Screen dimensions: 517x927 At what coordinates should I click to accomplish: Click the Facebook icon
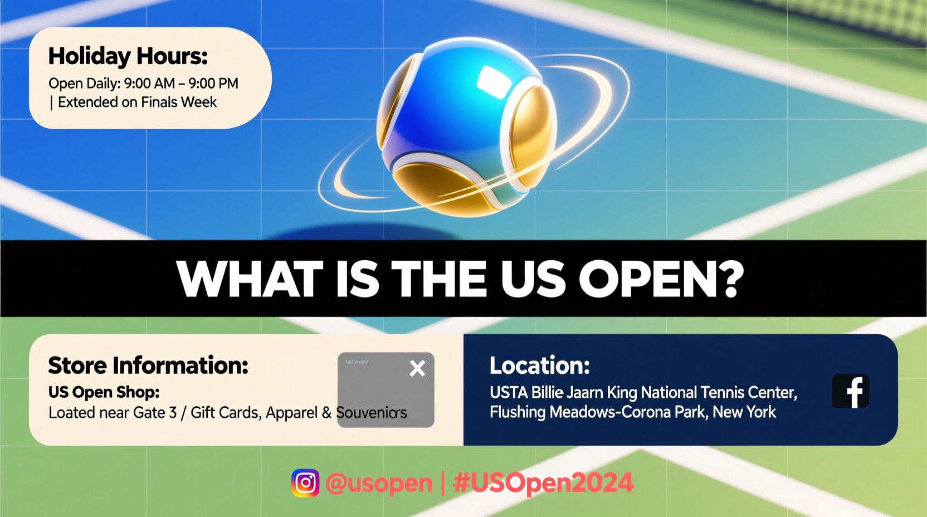[850, 391]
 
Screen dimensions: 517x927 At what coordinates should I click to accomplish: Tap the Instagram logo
[305, 483]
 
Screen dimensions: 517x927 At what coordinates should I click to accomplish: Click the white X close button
[417, 368]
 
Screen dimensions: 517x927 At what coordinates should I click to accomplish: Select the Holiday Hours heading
[128, 56]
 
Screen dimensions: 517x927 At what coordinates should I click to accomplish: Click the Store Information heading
[148, 365]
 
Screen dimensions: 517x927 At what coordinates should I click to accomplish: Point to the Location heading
[539, 365]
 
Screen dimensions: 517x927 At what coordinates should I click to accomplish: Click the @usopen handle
[379, 483]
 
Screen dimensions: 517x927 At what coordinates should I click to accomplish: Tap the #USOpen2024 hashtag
[543, 483]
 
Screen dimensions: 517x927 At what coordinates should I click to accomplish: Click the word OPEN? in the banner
[661, 279]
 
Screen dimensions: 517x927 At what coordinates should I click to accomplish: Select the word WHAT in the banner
[250, 279]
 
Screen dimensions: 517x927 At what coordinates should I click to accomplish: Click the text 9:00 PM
[213, 84]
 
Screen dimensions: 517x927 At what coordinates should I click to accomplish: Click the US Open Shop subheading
[104, 392]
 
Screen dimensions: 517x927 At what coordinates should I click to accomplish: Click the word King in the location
[622, 393]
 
